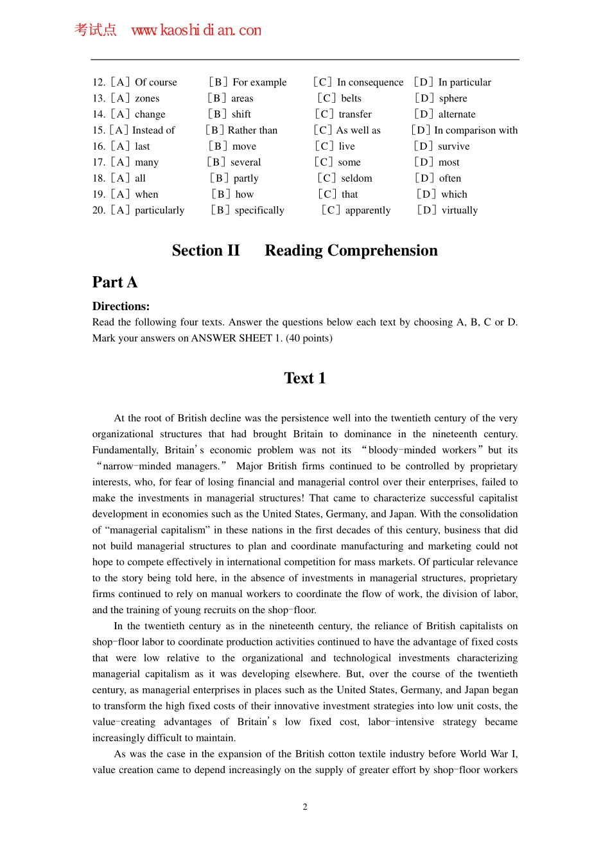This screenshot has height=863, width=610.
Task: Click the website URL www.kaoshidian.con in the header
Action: [x=196, y=30]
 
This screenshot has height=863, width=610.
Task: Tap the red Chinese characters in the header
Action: [x=95, y=30]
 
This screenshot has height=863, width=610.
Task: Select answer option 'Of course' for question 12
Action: [x=155, y=82]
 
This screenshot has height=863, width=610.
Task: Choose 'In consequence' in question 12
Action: [x=370, y=82]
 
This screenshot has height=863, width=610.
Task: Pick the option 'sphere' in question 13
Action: [x=453, y=98]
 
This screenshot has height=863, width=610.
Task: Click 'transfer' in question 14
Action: [x=355, y=114]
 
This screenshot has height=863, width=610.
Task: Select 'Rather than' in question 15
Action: [x=252, y=130]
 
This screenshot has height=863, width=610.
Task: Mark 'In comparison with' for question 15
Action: [x=476, y=130]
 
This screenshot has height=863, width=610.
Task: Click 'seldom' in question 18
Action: [x=356, y=179]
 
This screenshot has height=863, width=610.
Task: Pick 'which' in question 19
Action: [x=454, y=195]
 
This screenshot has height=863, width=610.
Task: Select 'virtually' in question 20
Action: [x=459, y=211]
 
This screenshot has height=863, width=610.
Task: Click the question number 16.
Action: [x=98, y=146]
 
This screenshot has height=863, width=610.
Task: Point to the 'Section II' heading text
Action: [x=205, y=250]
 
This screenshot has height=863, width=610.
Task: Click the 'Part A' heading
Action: [x=114, y=283]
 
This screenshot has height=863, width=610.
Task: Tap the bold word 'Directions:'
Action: [x=121, y=306]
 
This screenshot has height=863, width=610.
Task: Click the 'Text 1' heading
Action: [x=304, y=378]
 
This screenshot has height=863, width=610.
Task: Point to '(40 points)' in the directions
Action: [x=309, y=338]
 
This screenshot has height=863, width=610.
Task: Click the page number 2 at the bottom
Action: [x=305, y=807]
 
